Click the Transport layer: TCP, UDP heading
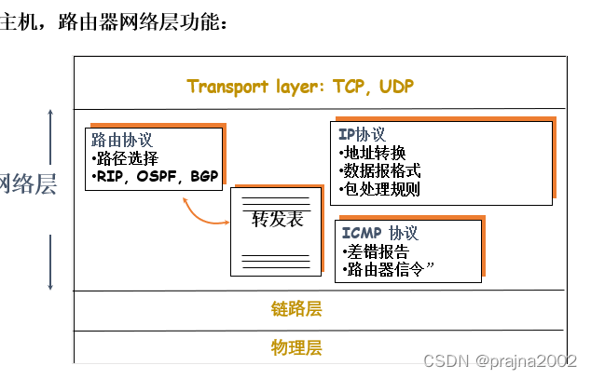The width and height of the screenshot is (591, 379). [x=300, y=87]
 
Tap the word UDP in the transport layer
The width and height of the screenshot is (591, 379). [x=396, y=87]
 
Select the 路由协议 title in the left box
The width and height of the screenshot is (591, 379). [x=121, y=140]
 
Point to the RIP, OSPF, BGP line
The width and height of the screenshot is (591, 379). [x=155, y=175]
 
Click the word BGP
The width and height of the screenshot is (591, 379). [x=203, y=175]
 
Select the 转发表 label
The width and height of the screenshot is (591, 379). [x=278, y=220]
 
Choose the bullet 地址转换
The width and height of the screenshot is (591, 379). [x=372, y=153]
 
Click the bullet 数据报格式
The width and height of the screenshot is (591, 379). [x=379, y=171]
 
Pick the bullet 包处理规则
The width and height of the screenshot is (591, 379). [x=379, y=189]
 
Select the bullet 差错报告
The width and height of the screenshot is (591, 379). [x=376, y=251]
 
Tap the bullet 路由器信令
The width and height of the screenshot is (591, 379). [x=389, y=271]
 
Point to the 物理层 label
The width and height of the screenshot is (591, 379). [x=296, y=347]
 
